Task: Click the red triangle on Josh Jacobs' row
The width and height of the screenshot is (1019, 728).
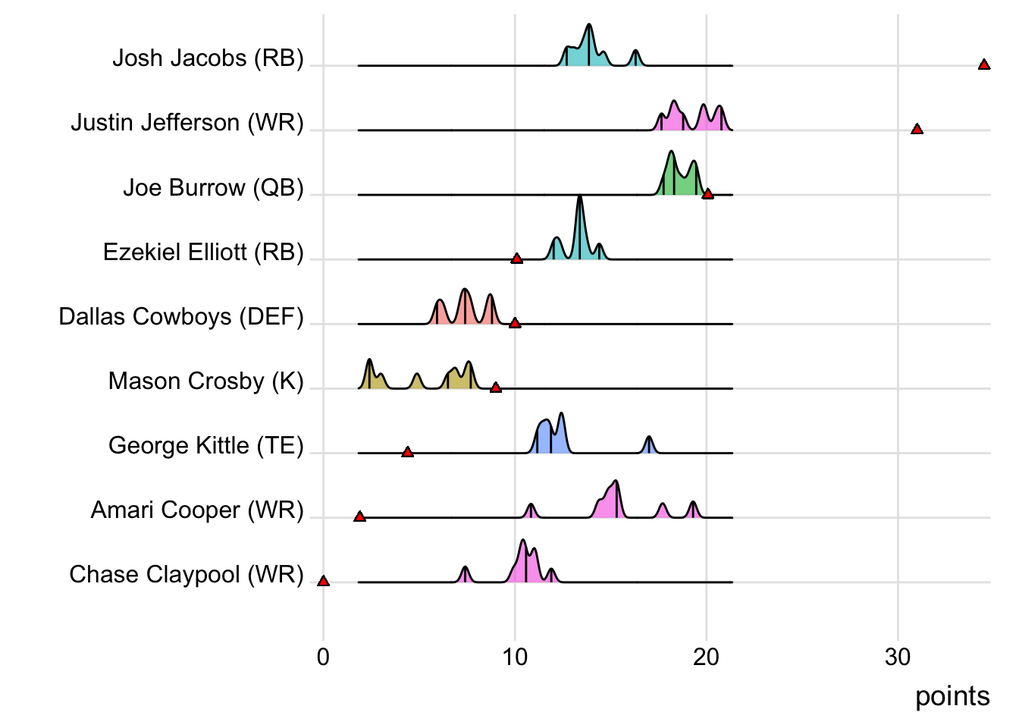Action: coord(983,65)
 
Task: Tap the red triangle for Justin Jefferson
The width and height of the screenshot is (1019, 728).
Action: coord(917,130)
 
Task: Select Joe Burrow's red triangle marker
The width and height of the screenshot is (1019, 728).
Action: coord(707,194)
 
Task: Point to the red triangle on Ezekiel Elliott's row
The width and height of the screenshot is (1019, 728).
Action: coord(516,259)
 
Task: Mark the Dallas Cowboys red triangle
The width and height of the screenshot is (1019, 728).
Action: coord(515,323)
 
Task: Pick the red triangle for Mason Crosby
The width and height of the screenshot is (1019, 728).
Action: coord(495,388)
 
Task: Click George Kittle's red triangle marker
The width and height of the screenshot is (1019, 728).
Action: coord(407,452)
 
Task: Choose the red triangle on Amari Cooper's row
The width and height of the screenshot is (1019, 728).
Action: coord(359,516)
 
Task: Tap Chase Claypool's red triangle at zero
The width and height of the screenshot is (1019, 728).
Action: coord(323,581)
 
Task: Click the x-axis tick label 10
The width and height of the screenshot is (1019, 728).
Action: coord(515,657)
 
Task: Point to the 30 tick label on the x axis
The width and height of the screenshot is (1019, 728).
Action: coord(898,657)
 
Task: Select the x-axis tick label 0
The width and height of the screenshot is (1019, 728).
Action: coord(323,657)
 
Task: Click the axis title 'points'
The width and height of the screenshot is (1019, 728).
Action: coord(952,696)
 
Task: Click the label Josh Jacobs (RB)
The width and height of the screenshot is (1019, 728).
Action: coord(208,58)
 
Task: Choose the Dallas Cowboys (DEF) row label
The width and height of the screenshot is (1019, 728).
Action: coord(181,316)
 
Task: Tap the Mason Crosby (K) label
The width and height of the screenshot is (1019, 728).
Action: coord(205,381)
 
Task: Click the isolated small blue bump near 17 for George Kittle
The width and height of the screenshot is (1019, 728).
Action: coord(648,446)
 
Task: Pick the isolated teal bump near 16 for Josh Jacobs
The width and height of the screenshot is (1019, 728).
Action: coord(635,58)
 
